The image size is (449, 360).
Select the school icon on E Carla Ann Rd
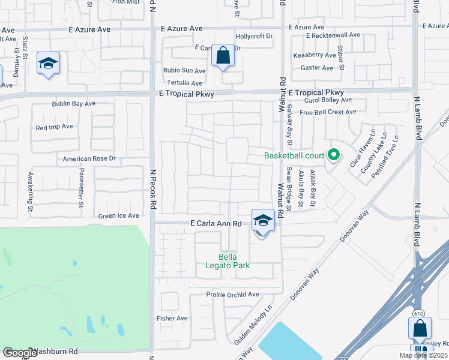[263, 221]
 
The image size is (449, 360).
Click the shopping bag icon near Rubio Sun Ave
[223, 56]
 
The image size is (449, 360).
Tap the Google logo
[20, 353]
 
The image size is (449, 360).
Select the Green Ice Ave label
[119, 216]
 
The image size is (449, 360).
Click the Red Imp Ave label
[54, 127]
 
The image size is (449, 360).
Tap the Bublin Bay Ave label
[73, 104]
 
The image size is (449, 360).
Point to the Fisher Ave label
[172, 318]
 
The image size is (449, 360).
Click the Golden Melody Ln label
[253, 325]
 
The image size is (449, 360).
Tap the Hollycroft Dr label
[254, 36]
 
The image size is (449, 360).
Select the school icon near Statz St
[48, 63]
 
